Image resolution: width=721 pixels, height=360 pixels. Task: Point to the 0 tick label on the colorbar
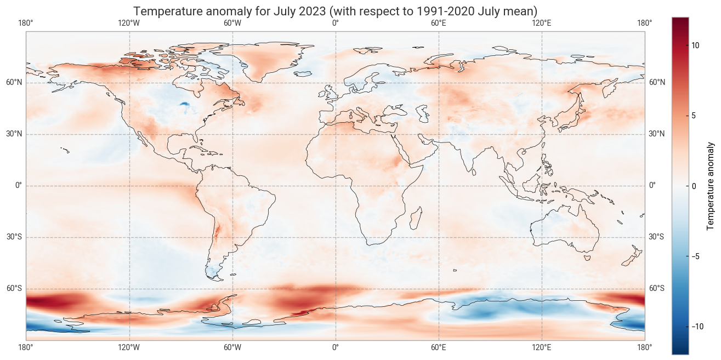tap(694, 186)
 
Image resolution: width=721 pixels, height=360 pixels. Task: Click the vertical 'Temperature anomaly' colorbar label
tap(711, 186)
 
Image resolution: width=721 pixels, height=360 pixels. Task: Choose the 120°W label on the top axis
tap(129, 23)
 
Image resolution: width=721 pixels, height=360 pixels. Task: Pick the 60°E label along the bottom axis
tap(439, 347)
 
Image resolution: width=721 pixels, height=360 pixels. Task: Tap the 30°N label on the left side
tap(14, 134)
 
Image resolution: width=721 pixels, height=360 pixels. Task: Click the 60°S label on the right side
tap(657, 289)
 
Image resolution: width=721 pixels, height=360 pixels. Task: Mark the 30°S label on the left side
tap(14, 237)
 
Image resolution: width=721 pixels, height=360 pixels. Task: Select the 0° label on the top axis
tap(336, 23)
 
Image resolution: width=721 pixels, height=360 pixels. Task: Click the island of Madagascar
tap(416, 217)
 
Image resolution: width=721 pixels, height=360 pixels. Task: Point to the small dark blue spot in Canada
tap(184, 104)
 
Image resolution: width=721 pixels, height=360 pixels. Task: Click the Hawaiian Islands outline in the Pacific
tap(65, 150)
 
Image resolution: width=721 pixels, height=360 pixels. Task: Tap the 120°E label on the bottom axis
tap(542, 347)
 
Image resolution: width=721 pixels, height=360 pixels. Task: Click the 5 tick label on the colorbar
tap(694, 116)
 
